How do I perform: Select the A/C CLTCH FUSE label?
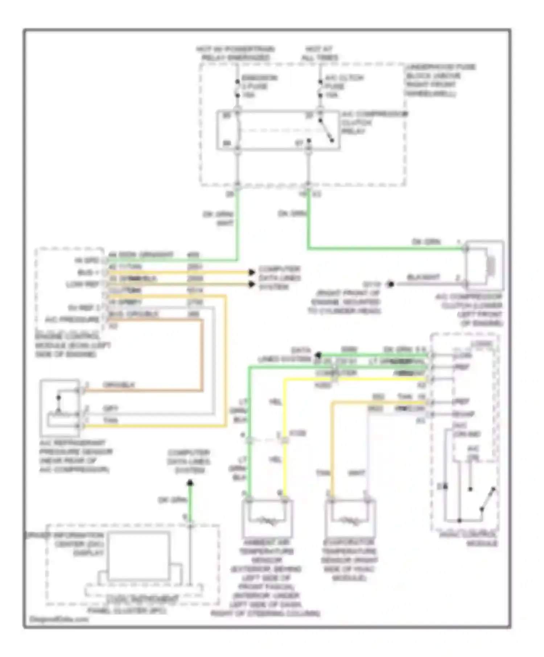click(339, 86)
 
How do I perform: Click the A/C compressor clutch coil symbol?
click(491, 265)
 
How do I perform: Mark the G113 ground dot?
click(391, 284)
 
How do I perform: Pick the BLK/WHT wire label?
click(423, 277)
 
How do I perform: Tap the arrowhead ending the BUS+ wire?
click(251, 272)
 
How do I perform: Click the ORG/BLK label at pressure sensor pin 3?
click(119, 385)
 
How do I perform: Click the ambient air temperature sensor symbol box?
click(267, 519)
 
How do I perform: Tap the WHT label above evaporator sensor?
click(356, 473)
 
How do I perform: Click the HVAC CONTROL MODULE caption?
click(469, 539)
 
